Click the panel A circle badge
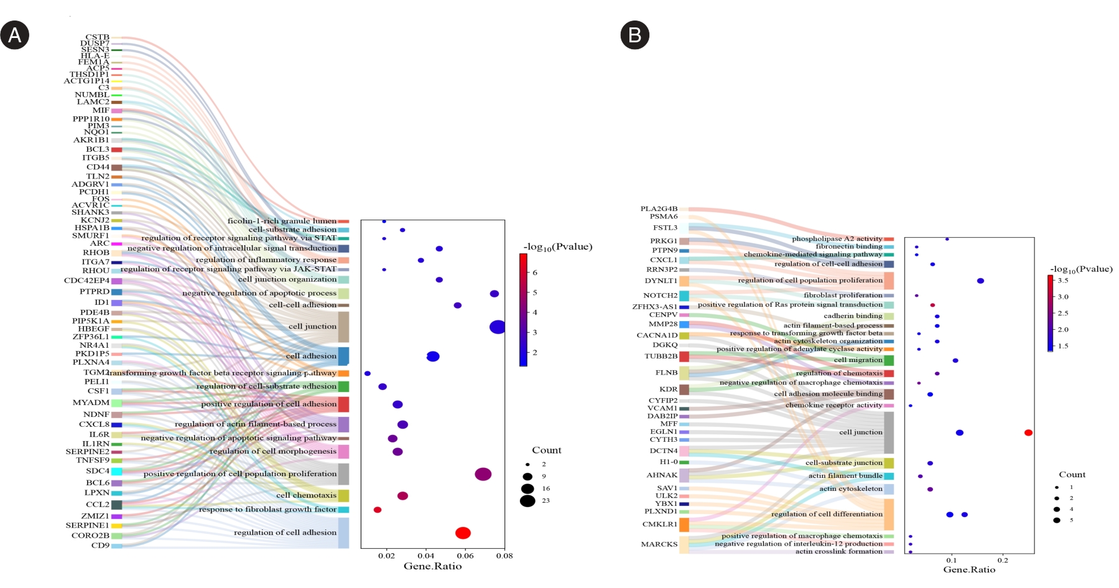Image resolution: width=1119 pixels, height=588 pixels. coord(14,35)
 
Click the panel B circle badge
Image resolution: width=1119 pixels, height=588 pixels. coord(634,35)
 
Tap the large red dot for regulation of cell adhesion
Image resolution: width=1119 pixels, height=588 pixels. coord(463,533)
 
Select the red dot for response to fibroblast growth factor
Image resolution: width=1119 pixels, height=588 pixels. coord(378,510)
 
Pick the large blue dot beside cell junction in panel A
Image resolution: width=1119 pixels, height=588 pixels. coord(497,327)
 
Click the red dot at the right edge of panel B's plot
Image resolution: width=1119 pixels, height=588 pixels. coord(1028,432)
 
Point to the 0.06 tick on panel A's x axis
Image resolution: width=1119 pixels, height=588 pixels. coord(465,556)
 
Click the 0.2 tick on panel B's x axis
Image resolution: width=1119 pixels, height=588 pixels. coord(1003,560)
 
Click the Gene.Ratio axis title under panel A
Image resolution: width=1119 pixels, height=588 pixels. coord(432,566)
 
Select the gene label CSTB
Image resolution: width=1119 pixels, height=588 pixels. coord(98,37)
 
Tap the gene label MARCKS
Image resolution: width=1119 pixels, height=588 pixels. coord(659,544)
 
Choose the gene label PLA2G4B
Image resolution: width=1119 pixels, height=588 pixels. coord(659,209)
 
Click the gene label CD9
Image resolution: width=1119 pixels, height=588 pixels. coord(100,546)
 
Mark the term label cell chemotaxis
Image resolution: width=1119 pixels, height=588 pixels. coord(306,495)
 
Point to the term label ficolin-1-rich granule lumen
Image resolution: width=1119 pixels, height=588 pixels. coord(282,221)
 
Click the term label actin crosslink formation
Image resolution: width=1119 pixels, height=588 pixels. coord(838,551)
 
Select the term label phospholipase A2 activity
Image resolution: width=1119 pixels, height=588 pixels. coord(837,239)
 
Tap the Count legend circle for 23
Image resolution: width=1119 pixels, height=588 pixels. coord(527,500)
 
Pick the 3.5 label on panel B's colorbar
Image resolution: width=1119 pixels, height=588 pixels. coord(1063,281)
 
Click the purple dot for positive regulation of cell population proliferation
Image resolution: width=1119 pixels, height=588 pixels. coord(483,474)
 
